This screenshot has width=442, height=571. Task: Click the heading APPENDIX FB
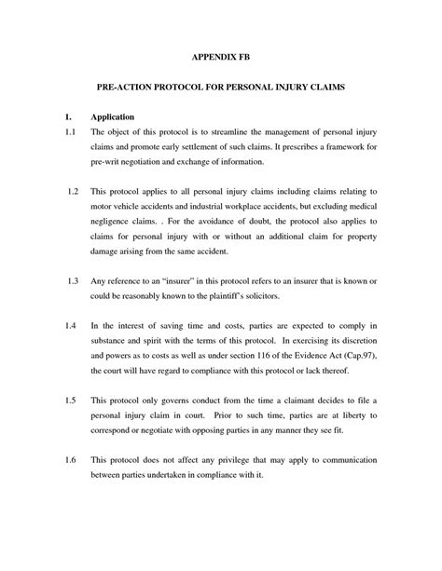tap(220, 57)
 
